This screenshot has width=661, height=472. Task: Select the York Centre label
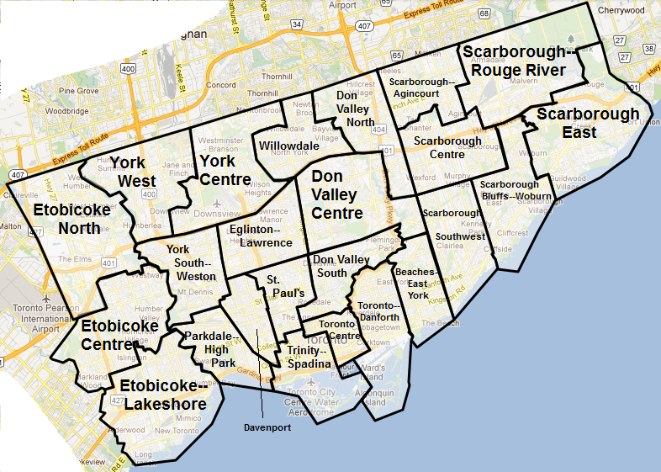[x=225, y=170]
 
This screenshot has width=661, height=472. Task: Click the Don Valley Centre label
[x=336, y=194]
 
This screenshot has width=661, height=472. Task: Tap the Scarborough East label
[x=588, y=123]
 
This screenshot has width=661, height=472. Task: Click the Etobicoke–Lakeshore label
[x=163, y=395]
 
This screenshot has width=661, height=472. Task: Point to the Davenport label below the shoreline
[x=267, y=427]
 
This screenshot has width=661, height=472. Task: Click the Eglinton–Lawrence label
[x=260, y=236]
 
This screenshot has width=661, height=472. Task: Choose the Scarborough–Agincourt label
[x=421, y=88]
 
